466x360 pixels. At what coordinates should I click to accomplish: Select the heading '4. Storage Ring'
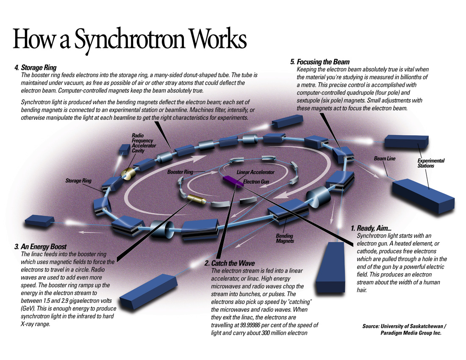[x=35, y=67]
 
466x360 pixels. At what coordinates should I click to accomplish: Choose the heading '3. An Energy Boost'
[x=40, y=246]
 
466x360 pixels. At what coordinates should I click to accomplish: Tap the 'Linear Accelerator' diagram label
[x=255, y=172]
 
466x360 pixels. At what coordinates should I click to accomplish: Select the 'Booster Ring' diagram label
[x=180, y=172]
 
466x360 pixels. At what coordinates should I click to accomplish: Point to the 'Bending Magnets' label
[x=284, y=238]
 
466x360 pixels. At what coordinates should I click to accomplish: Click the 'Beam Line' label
[x=384, y=158]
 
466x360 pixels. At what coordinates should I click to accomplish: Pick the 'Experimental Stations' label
[x=431, y=163]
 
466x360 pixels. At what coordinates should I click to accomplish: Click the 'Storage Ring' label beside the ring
[x=78, y=181]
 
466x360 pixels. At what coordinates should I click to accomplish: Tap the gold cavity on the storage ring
[x=127, y=172]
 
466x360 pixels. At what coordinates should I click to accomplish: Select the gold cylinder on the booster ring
[x=196, y=199]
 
